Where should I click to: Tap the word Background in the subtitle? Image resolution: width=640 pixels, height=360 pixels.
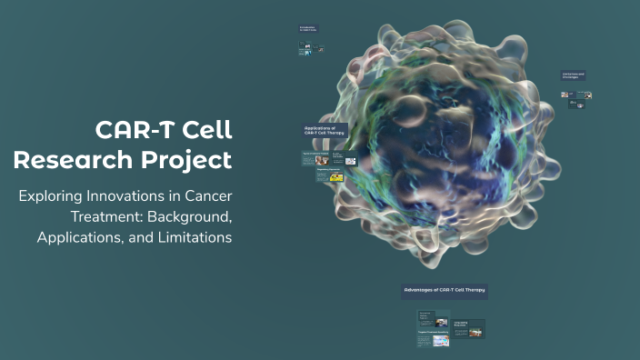coord(195,217)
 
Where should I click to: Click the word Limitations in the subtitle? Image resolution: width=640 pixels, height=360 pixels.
coord(189,237)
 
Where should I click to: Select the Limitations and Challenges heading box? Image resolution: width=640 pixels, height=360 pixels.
coord(574,76)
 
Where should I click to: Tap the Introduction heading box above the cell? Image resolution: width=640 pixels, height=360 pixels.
coord(307,29)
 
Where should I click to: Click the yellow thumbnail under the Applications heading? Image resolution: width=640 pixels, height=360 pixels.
coord(336,178)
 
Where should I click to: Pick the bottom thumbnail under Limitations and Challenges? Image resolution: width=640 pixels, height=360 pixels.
coord(576,105)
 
